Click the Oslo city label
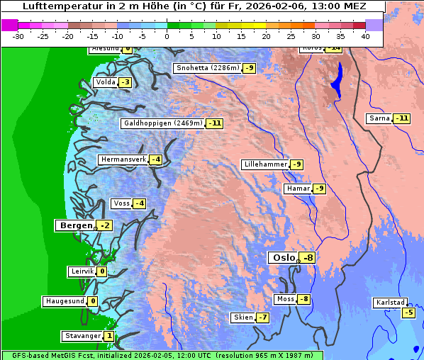(283, 258)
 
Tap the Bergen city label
(74, 225)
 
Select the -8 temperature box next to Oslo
(307, 258)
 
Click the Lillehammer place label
(265, 164)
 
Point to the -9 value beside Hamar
(319, 189)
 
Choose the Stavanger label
(82, 336)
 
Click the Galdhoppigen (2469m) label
(163, 123)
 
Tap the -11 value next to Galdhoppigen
(215, 123)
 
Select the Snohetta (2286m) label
(207, 68)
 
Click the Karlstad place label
(391, 303)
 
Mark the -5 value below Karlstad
(408, 313)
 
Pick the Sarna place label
(379, 118)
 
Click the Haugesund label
(65, 301)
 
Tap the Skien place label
(242, 317)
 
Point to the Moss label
(285, 299)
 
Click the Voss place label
(121, 203)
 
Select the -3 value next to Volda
(125, 82)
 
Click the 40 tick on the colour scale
(365, 36)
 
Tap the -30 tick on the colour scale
(18, 36)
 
